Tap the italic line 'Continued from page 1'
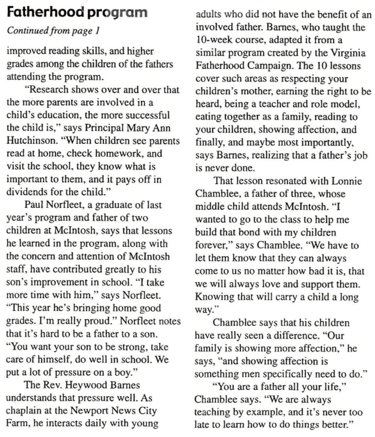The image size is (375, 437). tap(54, 31)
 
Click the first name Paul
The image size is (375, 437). tap(33, 205)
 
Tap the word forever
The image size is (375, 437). tap(212, 245)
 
